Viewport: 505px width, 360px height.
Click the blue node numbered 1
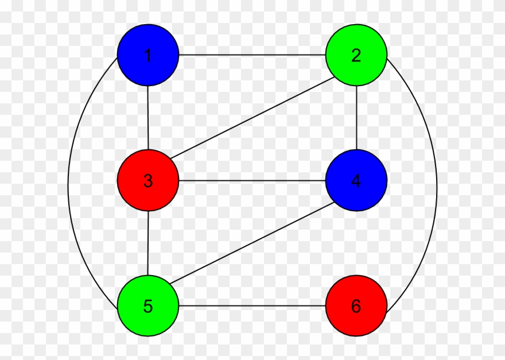pyautogui.click(x=148, y=55)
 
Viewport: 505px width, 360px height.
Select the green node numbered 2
pyautogui.click(x=356, y=55)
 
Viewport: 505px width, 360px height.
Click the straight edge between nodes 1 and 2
pyautogui.click(x=252, y=55)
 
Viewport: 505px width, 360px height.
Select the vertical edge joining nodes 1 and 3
pyautogui.click(x=148, y=118)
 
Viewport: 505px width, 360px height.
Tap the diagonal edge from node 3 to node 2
pyautogui.click(x=252, y=118)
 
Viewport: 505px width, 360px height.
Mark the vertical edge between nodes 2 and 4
pyautogui.click(x=356, y=118)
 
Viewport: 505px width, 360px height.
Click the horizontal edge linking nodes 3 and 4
pyautogui.click(x=252, y=180)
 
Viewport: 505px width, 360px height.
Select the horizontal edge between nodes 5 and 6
pyautogui.click(x=252, y=305)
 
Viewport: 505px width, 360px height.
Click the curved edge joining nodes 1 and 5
pyautogui.click(x=68, y=184)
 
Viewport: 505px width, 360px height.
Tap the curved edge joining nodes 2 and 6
pyautogui.click(x=437, y=184)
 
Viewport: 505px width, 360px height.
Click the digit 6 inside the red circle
pyautogui.click(x=356, y=306)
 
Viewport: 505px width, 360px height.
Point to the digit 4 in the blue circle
pyautogui.click(x=356, y=181)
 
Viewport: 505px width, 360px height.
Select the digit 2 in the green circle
pyautogui.click(x=356, y=56)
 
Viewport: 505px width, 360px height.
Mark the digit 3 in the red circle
pyautogui.click(x=148, y=181)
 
